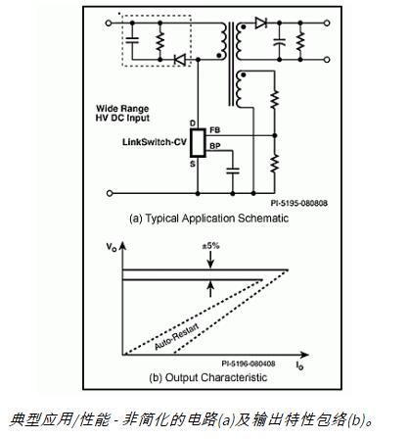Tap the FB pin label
[x=216, y=129]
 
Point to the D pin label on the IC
[x=191, y=122]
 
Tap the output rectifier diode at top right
[x=259, y=23]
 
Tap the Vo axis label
[x=114, y=249]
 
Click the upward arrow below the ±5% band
[x=211, y=285]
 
